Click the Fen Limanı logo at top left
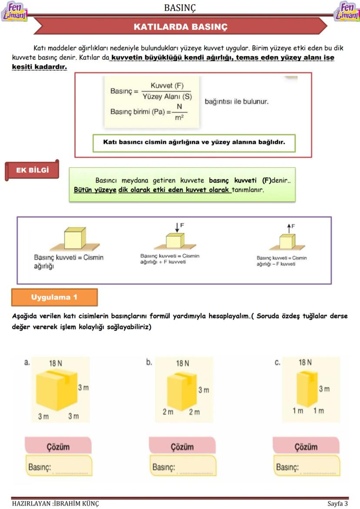14,11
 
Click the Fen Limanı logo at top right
347,11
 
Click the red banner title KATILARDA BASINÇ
180,27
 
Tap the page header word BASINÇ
180,7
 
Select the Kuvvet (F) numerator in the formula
167,86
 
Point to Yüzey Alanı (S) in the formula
167,96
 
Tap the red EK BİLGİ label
32,170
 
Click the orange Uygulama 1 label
54,297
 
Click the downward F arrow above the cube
177,226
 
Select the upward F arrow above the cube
288,227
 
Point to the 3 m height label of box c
324,389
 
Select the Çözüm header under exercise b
182,446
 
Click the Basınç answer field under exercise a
59,467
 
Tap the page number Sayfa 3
337,504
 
